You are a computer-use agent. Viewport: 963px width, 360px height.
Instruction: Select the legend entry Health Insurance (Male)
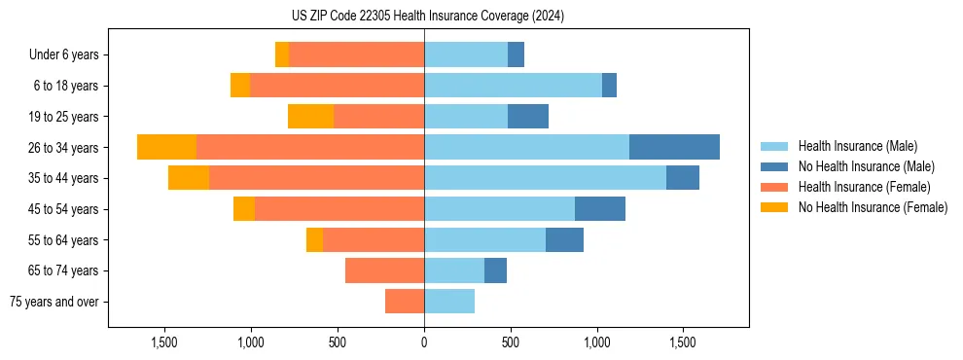click(x=857, y=146)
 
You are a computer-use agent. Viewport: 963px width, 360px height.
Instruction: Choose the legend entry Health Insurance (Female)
click(x=864, y=187)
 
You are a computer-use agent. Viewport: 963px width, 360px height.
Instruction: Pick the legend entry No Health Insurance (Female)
click(x=873, y=207)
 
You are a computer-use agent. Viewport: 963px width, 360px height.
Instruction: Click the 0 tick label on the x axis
click(x=424, y=342)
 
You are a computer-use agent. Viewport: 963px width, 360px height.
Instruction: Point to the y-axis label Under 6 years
click(x=64, y=55)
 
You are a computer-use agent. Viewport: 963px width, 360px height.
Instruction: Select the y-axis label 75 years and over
click(x=54, y=302)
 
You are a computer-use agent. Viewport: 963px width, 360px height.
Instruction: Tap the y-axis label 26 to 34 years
click(x=63, y=148)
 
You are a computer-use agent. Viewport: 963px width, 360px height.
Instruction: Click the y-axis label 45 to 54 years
click(x=63, y=209)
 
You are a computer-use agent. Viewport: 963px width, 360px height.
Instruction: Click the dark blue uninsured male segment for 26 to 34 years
click(x=674, y=147)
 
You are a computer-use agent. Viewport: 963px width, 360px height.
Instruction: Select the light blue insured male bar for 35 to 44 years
click(x=545, y=178)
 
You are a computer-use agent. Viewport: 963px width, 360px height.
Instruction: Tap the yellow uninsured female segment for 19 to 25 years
click(x=310, y=117)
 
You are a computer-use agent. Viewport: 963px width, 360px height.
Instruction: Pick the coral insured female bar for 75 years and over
click(x=405, y=302)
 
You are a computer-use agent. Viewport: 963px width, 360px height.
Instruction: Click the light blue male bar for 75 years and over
click(x=449, y=302)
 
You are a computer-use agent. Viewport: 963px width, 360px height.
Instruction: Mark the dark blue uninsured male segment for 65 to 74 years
click(x=495, y=270)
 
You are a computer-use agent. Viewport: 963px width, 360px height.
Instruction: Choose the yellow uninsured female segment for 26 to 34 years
click(x=166, y=147)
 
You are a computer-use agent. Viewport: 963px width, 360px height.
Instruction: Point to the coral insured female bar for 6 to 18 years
click(x=337, y=86)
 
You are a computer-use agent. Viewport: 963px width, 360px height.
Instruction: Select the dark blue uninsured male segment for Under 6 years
click(x=516, y=54)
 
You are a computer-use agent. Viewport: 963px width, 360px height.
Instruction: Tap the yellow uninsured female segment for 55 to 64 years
click(x=314, y=240)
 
